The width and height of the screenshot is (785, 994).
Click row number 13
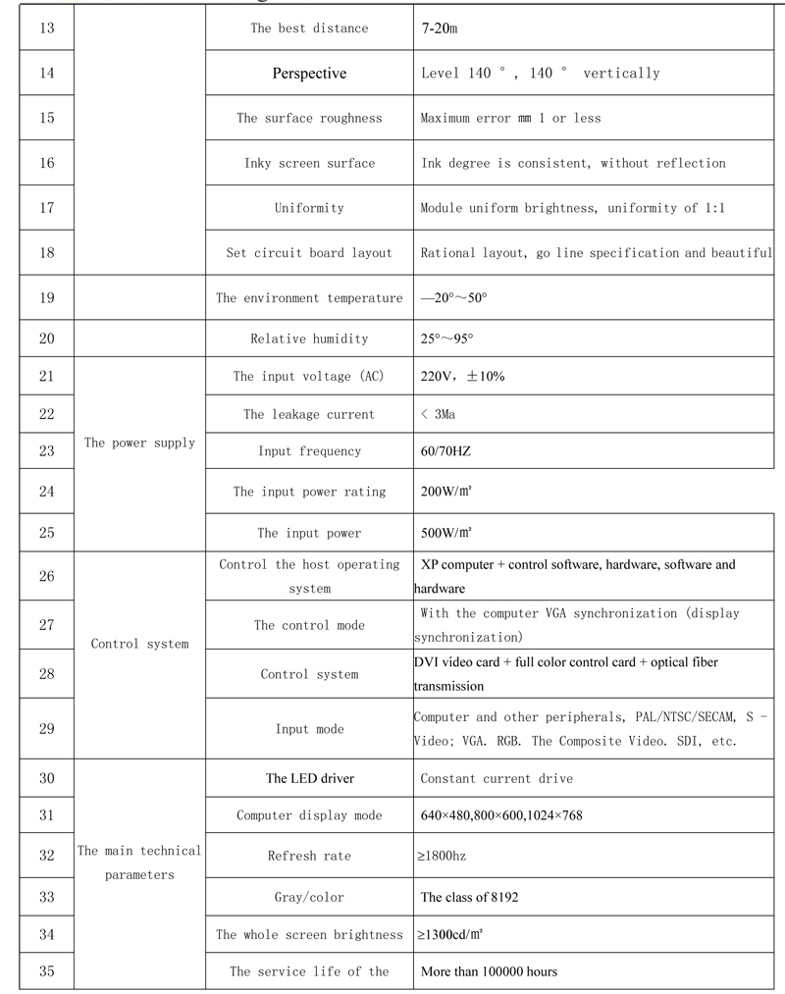pyautogui.click(x=47, y=27)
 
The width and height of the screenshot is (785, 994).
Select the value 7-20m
pyautogui.click(x=440, y=28)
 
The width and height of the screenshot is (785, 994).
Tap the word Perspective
pyautogui.click(x=309, y=73)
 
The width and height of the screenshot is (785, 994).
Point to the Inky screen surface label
pyautogui.click(x=309, y=163)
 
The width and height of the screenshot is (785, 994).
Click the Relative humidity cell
pyautogui.click(x=309, y=339)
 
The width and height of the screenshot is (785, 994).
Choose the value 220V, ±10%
pyautogui.click(x=462, y=376)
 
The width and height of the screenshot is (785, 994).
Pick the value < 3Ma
pyautogui.click(x=438, y=414)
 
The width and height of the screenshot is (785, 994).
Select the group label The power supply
pyautogui.click(x=139, y=443)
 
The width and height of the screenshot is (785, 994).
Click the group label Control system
pyautogui.click(x=139, y=644)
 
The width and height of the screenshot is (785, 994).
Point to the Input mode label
pyautogui.click(x=309, y=729)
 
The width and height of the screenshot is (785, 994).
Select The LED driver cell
pyautogui.click(x=309, y=778)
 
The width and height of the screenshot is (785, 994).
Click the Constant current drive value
pyautogui.click(x=497, y=778)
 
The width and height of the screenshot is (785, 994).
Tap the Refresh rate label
pyautogui.click(x=309, y=856)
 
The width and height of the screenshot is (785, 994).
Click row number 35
pyautogui.click(x=47, y=971)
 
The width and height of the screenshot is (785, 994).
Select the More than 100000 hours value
pyautogui.click(x=489, y=971)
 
